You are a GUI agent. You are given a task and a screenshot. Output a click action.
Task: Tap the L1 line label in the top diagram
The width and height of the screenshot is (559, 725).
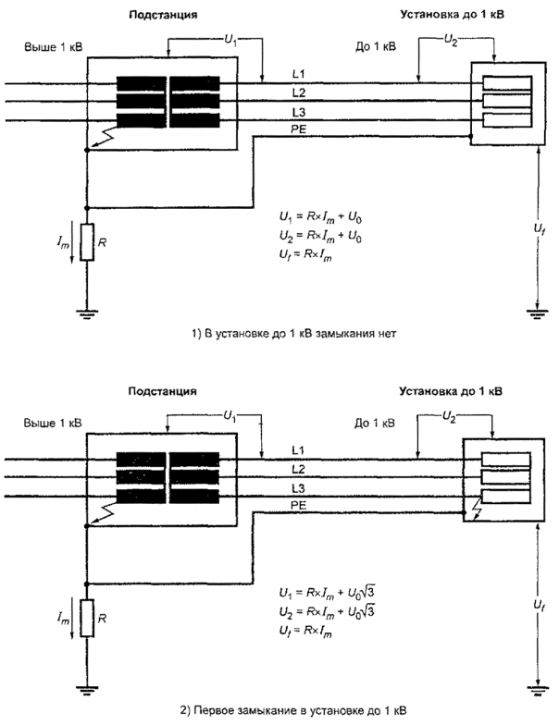297,72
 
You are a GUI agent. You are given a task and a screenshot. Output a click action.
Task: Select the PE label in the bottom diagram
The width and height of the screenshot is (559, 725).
298,505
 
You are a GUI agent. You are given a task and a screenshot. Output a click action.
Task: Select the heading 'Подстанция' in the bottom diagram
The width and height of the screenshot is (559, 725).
203,392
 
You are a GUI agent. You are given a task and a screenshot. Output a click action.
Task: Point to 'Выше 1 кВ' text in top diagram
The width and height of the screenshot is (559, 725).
55,44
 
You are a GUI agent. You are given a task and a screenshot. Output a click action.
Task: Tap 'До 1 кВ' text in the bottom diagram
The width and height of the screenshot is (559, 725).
377,424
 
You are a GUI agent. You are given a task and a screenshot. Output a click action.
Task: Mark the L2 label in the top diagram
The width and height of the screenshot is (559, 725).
297,92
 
